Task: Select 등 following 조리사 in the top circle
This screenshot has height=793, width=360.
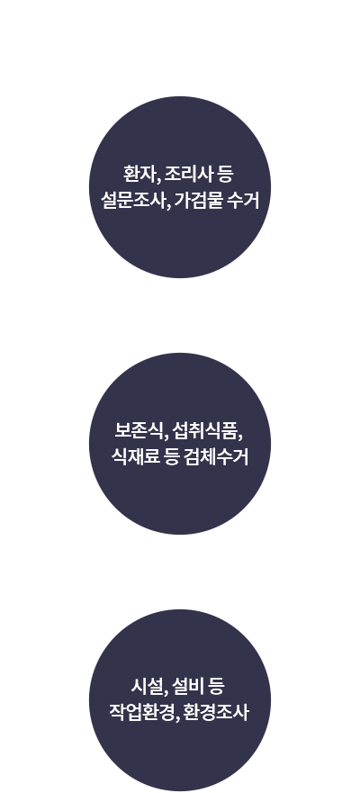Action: (225, 175)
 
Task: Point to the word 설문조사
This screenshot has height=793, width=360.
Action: (131, 200)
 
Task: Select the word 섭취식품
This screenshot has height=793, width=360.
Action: (205, 431)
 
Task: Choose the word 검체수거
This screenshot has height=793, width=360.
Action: (216, 456)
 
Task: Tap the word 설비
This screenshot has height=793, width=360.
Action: (187, 687)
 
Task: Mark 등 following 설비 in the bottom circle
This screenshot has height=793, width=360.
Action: (216, 687)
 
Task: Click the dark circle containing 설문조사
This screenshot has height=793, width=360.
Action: (180, 187)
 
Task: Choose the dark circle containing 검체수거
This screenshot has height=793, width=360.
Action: (180, 444)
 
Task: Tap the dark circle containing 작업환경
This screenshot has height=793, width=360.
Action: (180, 700)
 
